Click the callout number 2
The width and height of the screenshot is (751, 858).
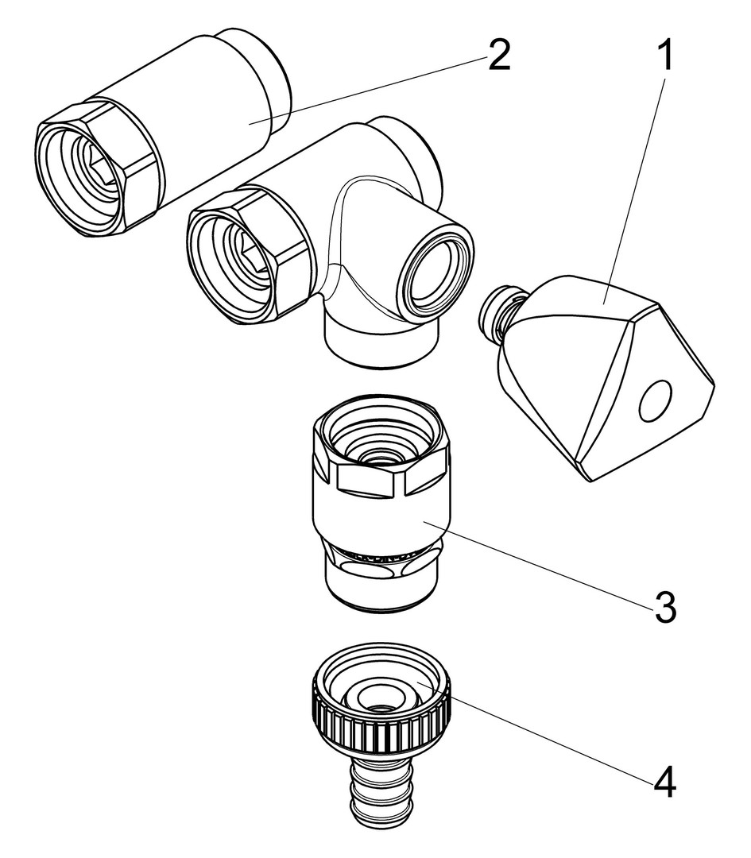pyautogui.click(x=498, y=56)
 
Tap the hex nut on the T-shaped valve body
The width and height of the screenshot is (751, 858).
pyautogui.click(x=251, y=255)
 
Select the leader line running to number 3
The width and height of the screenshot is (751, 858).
pyautogui.click(x=540, y=563)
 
